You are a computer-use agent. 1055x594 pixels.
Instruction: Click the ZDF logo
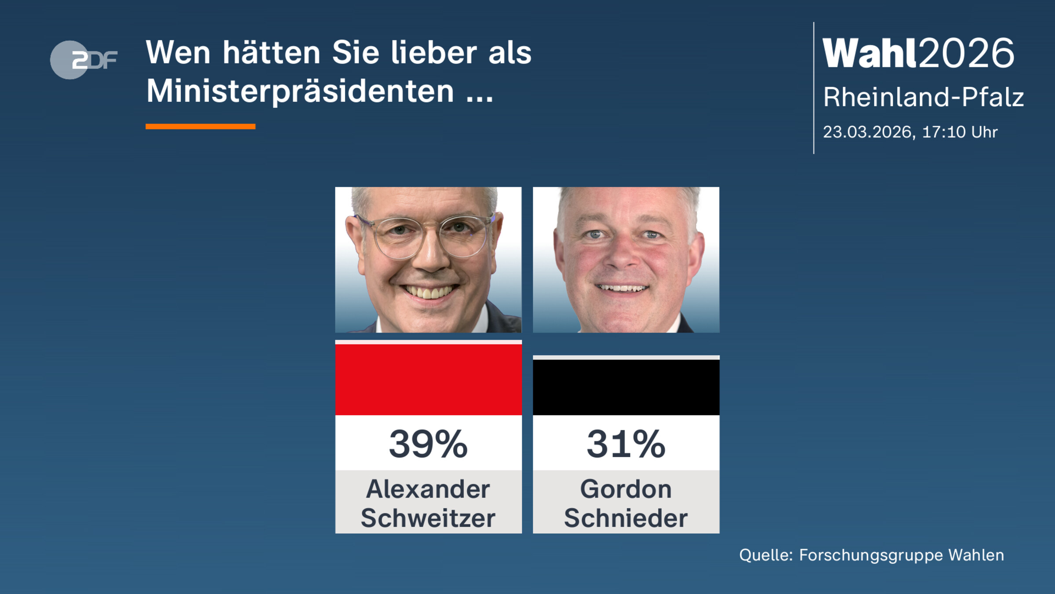point(84,60)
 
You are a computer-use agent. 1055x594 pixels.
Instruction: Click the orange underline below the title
point(200,127)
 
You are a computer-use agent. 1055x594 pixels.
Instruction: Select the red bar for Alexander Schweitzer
point(428,379)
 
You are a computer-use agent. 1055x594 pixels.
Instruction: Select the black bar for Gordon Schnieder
point(626,387)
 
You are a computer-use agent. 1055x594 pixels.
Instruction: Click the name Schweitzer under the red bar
point(428,518)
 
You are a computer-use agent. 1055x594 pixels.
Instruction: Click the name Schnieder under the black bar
point(626,518)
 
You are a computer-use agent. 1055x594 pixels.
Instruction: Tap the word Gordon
point(626,489)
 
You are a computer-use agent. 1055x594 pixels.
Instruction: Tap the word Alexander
point(428,489)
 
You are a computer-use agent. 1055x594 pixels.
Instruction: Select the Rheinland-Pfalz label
point(923,97)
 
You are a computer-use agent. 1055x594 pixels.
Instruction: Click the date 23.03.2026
point(868,132)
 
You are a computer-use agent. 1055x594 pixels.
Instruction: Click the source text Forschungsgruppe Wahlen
point(901,555)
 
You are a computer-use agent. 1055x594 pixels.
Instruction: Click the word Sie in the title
point(355,53)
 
